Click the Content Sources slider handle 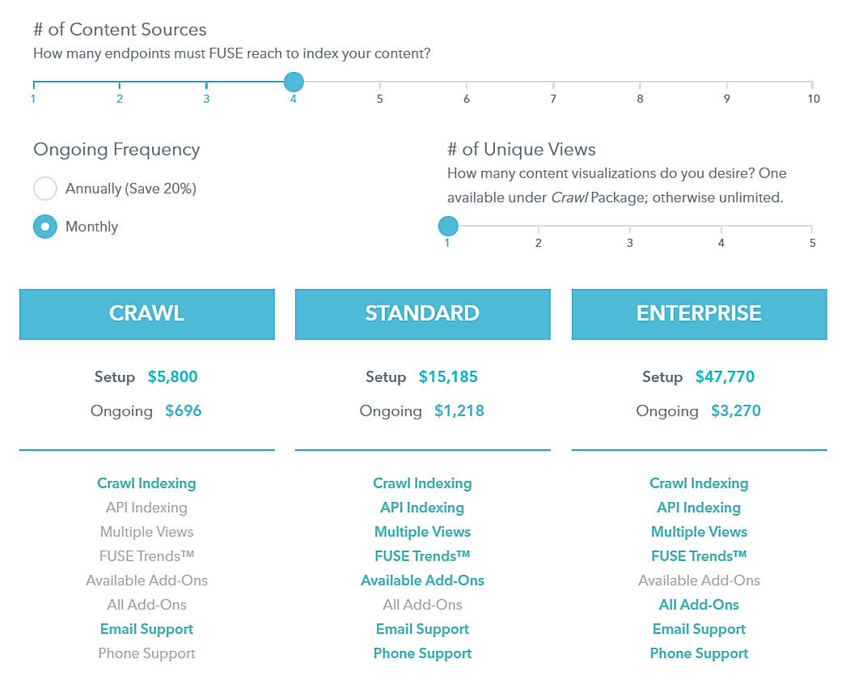(x=294, y=82)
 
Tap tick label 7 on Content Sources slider (x=553, y=99)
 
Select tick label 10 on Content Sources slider (x=813, y=99)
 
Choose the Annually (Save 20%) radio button (x=45, y=189)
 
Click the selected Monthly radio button (x=45, y=227)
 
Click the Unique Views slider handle (x=447, y=226)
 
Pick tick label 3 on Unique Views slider (x=630, y=243)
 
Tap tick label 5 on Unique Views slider (x=812, y=243)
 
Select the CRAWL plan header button (x=146, y=314)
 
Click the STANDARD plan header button (x=422, y=314)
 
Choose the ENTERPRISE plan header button (x=699, y=314)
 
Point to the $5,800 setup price (x=172, y=377)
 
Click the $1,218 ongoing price (x=459, y=411)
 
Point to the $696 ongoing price (x=184, y=411)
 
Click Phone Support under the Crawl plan (x=146, y=653)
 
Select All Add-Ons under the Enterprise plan (x=699, y=605)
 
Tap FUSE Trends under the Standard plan (x=422, y=556)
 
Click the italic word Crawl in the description (x=569, y=198)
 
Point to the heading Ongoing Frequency (x=116, y=150)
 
